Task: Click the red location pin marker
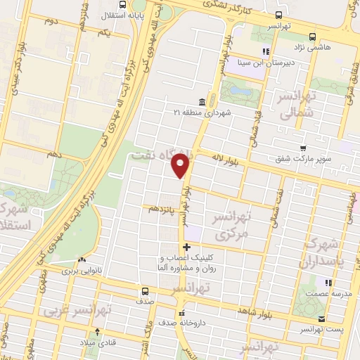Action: (181, 165)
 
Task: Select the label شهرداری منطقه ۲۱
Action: (201, 112)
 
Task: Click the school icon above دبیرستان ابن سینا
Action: (266, 51)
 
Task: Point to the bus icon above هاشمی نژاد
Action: (312, 38)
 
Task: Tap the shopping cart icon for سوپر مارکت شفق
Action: (303, 148)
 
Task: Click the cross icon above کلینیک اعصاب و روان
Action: (186, 247)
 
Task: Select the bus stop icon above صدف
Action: (144, 290)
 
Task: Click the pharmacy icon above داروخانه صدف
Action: (182, 313)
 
